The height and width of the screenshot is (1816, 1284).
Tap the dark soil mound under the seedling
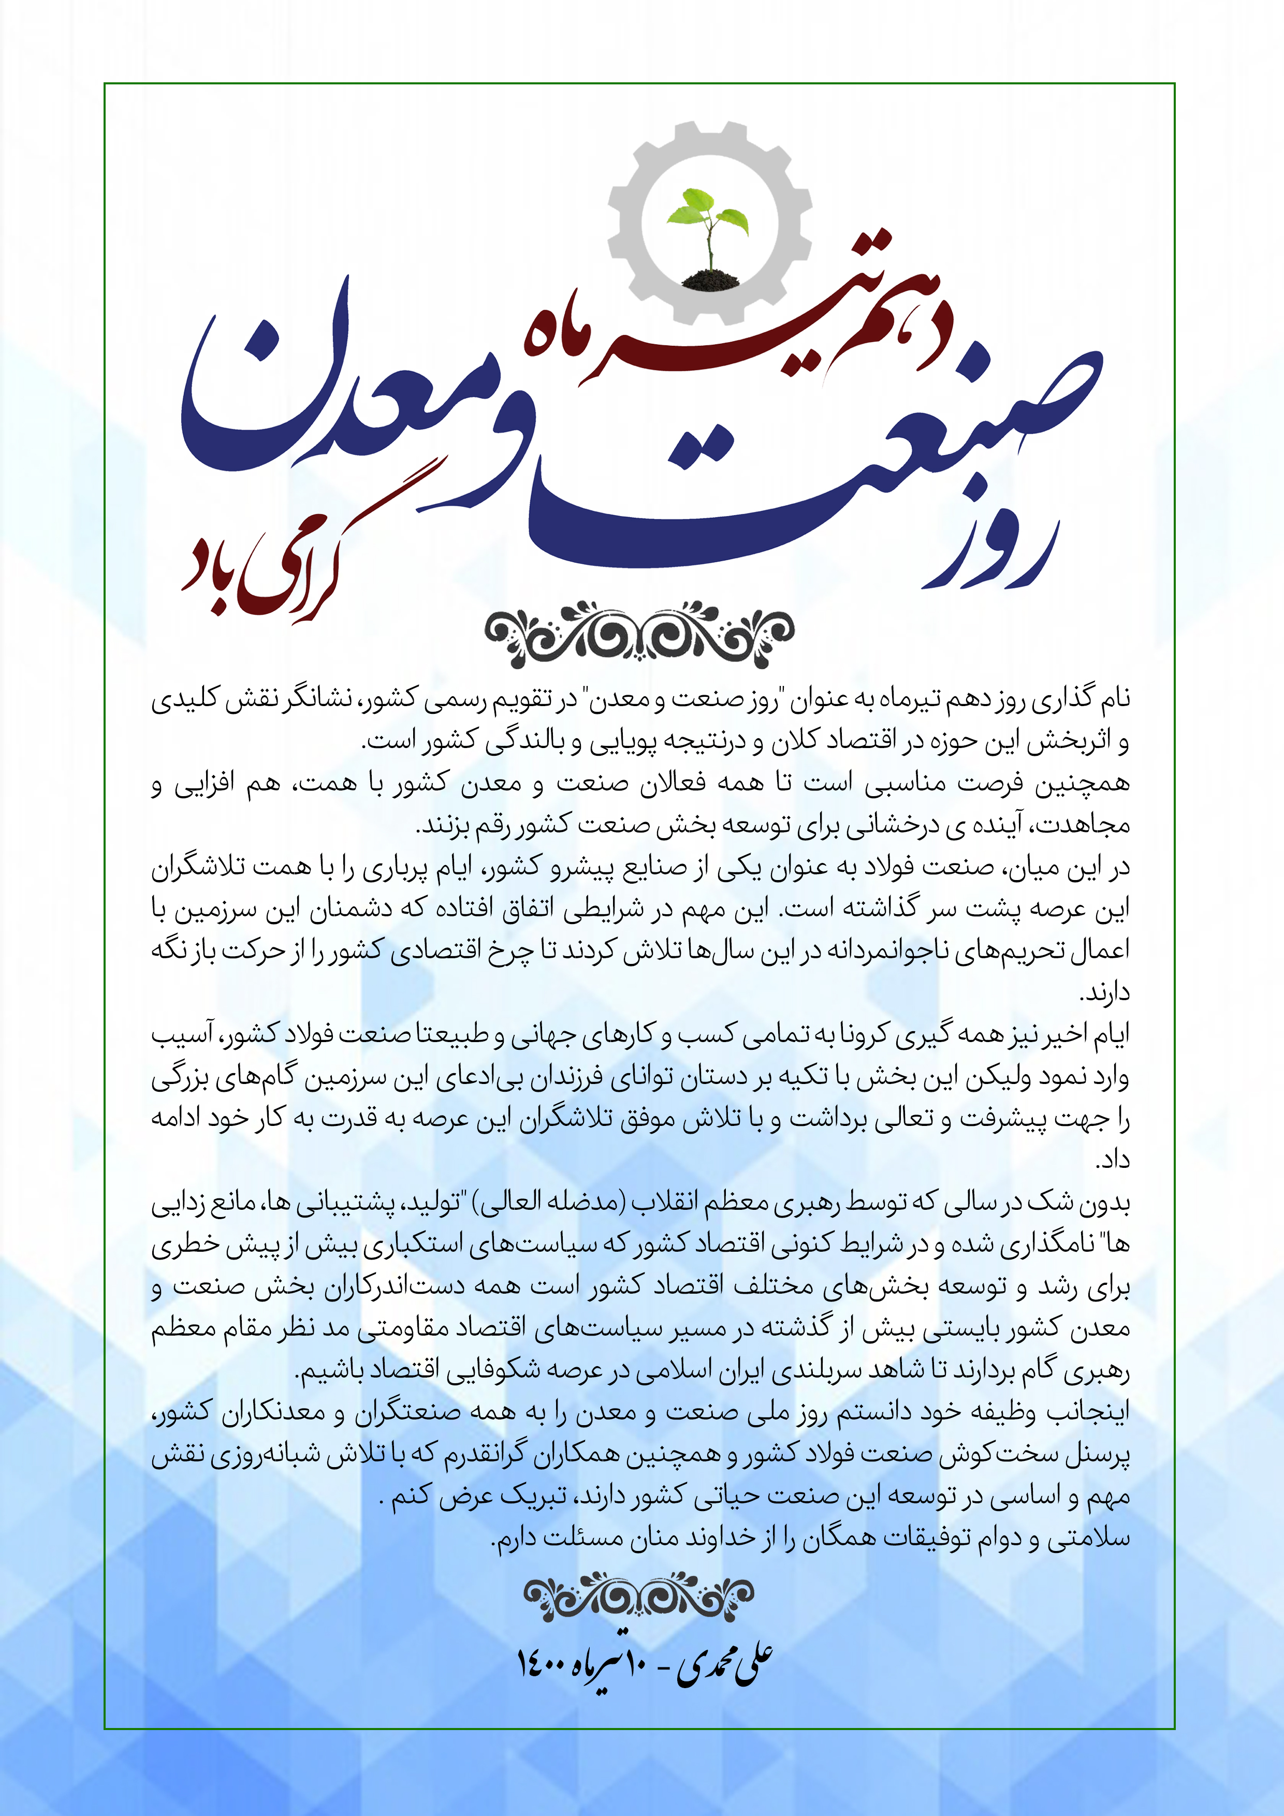[710, 279]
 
